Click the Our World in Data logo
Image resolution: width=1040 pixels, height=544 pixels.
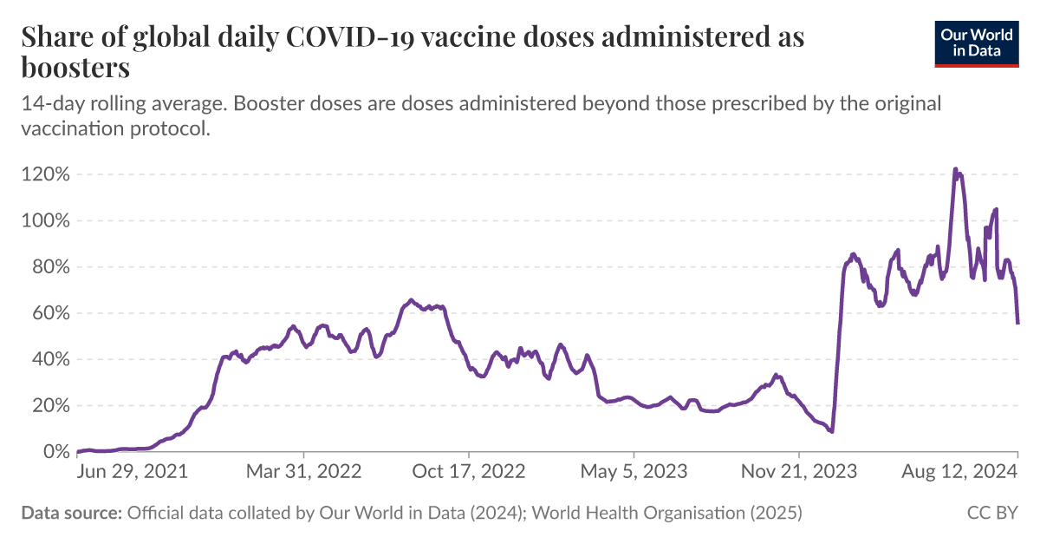[x=977, y=42]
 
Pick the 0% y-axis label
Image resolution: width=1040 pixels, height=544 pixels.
[x=55, y=452]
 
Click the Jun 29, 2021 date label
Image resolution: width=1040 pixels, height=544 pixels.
[x=133, y=472]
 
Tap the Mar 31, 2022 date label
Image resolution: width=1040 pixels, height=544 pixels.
[x=304, y=472]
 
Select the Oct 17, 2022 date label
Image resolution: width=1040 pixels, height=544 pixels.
[x=469, y=472]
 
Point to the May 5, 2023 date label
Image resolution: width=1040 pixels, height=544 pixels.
[x=634, y=472]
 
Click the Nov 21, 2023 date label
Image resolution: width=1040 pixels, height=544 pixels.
[x=799, y=472]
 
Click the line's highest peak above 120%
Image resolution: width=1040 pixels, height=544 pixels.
[x=955, y=169]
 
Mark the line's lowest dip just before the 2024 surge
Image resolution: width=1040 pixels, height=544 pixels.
[x=832, y=431]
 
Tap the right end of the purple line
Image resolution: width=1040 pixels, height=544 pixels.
[x=1017, y=323]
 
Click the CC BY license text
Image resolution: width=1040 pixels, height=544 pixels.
[x=992, y=514]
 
